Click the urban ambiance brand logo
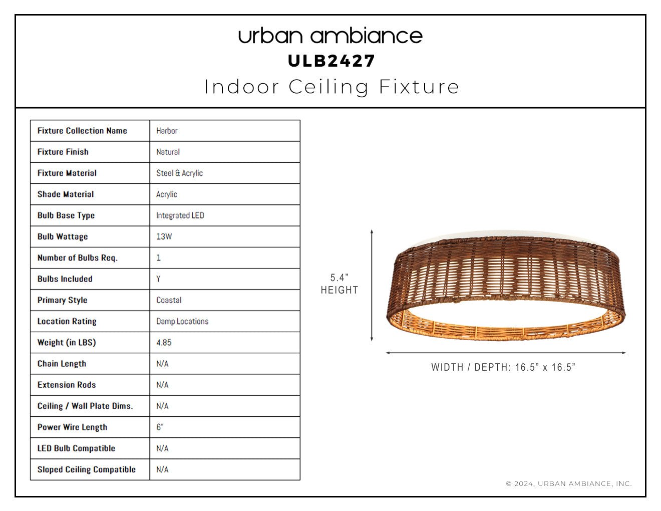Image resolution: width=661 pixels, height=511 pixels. coord(330,36)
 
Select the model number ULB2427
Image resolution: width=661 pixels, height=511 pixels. coord(332,61)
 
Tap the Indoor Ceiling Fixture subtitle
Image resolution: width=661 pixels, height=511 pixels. coord(332,87)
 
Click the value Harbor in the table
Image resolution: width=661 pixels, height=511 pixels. coord(167,131)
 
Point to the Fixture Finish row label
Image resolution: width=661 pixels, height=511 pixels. coord(63,152)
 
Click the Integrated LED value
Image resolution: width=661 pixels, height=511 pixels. coord(180,215)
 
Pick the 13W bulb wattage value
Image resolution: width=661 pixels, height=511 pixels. coord(164,236)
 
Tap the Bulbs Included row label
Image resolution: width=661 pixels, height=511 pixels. coord(65,279)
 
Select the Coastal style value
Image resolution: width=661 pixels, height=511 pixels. coord(169,300)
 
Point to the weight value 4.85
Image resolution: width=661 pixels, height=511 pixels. coord(164,342)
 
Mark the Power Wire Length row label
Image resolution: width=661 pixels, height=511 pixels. coord(73,427)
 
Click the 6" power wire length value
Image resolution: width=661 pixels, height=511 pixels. coord(160,427)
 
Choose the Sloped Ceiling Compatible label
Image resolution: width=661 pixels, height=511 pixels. coord(87,469)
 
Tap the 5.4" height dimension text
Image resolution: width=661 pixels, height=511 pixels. coord(340,284)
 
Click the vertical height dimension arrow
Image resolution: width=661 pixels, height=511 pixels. coord(372,286)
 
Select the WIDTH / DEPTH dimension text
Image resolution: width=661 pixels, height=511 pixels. coord(503,367)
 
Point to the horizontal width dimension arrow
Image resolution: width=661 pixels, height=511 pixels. coord(506,353)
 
